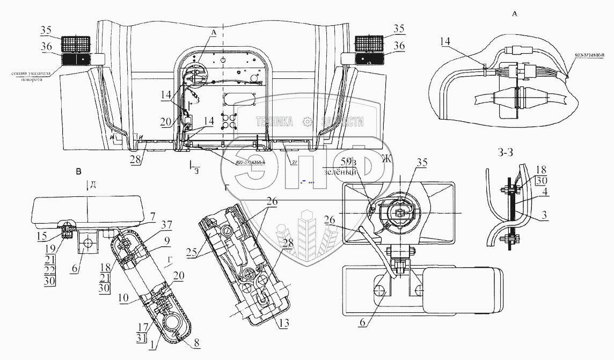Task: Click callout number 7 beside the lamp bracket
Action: [152, 216]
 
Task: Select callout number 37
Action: [152, 225]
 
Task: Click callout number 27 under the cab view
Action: [294, 162]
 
